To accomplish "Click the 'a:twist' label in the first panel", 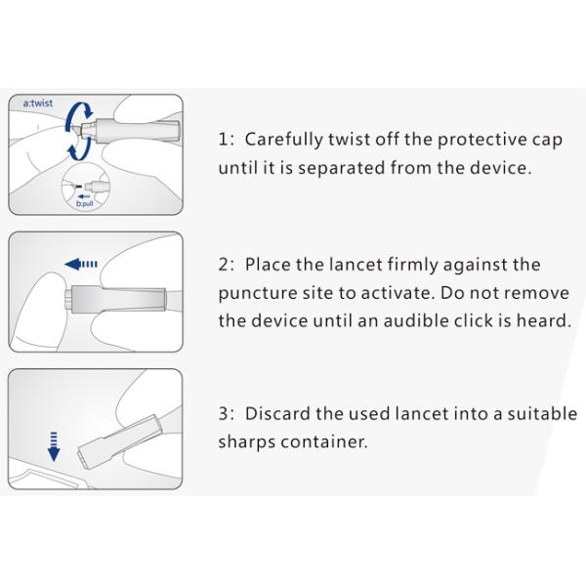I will (39, 103).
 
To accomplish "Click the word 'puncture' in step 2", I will (256, 293).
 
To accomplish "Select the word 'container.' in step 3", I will (325, 442).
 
